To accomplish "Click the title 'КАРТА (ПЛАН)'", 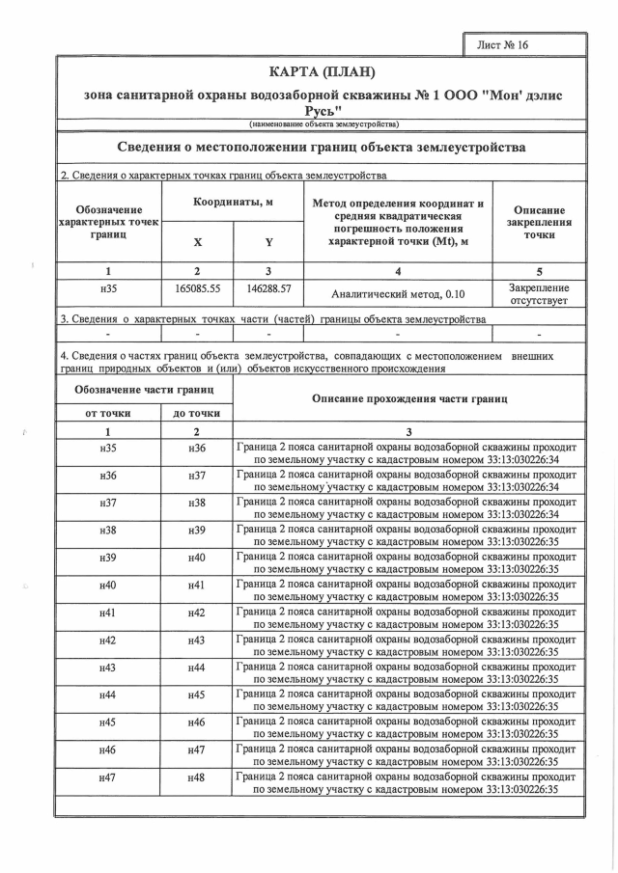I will pos(322,73).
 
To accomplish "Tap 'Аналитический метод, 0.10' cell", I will pos(399,295).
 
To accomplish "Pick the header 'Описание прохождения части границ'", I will pos(408,399).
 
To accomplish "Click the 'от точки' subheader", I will pos(108,413).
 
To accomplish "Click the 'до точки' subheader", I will pos(197,413).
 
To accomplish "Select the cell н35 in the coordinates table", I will pos(108,288).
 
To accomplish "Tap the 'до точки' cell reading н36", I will pos(197,449).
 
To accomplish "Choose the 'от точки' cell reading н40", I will pos(108,586).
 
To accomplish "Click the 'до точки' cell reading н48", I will pos(197,777).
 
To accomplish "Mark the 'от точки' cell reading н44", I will pos(108,695).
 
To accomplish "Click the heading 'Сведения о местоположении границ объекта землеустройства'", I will pos(322,148).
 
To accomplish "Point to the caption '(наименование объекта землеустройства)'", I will pos(322,124).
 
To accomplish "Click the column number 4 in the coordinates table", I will pos(399,271).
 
